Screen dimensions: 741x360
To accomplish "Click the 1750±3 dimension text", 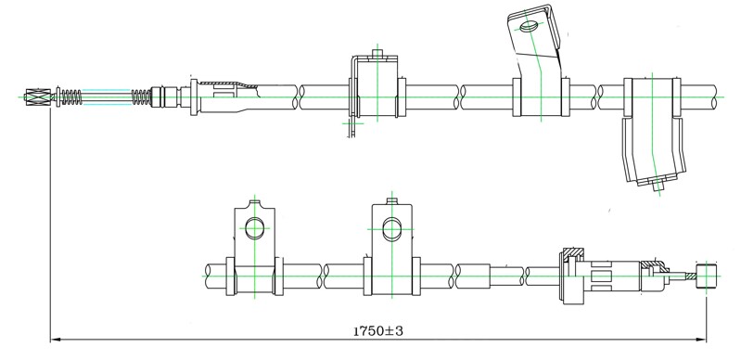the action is point(378,331).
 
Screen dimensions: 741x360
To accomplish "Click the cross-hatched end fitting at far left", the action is point(37,97).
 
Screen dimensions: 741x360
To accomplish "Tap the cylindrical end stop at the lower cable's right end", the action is point(707,276).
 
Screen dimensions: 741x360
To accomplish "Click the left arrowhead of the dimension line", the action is point(56,340).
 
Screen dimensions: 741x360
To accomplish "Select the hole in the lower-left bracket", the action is point(255,228).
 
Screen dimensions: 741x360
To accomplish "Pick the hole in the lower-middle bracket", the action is point(391,229).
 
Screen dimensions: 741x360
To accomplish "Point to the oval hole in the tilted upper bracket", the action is point(529,27).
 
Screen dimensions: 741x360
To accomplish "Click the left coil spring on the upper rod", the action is point(71,97).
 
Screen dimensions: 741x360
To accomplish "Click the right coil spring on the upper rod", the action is point(141,97).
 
